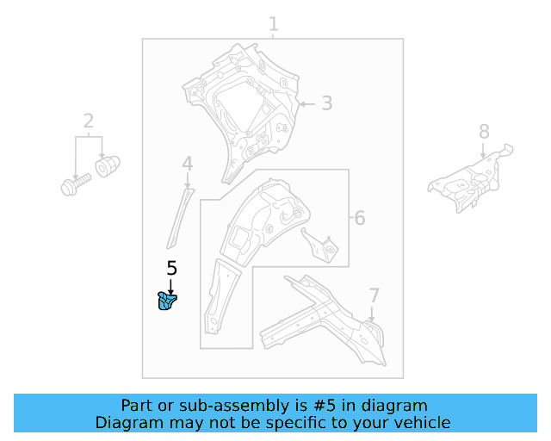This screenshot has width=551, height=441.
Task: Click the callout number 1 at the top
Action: [273, 23]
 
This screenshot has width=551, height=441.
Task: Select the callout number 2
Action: [89, 121]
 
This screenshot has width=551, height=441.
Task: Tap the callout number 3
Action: [326, 104]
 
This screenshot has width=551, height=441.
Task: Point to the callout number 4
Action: [187, 164]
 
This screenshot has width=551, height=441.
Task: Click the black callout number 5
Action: [171, 269]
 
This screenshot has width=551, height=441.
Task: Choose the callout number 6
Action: [359, 219]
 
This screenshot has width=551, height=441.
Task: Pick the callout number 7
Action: [374, 296]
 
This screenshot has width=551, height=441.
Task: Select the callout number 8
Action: [484, 132]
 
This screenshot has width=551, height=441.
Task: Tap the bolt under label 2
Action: [75, 184]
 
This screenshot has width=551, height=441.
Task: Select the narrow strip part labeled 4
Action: [178, 215]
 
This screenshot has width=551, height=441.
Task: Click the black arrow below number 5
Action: [170, 284]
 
